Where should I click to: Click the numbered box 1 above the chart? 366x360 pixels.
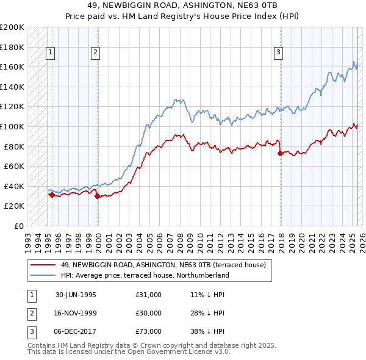(x=50, y=53)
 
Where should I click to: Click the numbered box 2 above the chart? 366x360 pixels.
(x=96, y=53)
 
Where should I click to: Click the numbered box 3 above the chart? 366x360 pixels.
(x=278, y=53)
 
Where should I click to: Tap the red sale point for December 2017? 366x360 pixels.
(x=280, y=154)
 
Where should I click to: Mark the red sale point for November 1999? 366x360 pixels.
(x=98, y=196)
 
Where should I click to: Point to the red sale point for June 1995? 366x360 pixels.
(x=52, y=195)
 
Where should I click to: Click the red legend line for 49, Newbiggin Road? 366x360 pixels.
(x=43, y=265)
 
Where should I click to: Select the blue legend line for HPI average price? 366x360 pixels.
(x=43, y=275)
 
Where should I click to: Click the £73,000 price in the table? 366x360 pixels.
(x=149, y=331)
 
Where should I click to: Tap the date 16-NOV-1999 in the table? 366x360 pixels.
(x=76, y=313)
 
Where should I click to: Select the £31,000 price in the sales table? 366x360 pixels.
(x=149, y=295)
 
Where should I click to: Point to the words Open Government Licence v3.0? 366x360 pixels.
(x=184, y=352)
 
